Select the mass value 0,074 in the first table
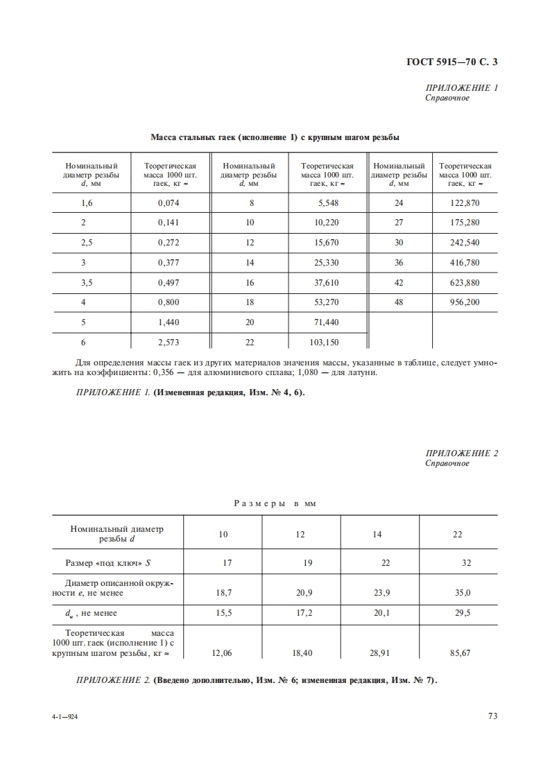point(169,203)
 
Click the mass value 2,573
point(169,343)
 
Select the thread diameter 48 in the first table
point(398,302)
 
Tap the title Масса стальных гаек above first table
point(275,137)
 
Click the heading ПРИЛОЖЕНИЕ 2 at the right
point(462,453)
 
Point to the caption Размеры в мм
point(275,503)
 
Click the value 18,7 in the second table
point(223,593)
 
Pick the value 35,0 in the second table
point(462,593)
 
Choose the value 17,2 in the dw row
point(304,613)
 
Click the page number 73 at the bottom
point(492,716)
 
